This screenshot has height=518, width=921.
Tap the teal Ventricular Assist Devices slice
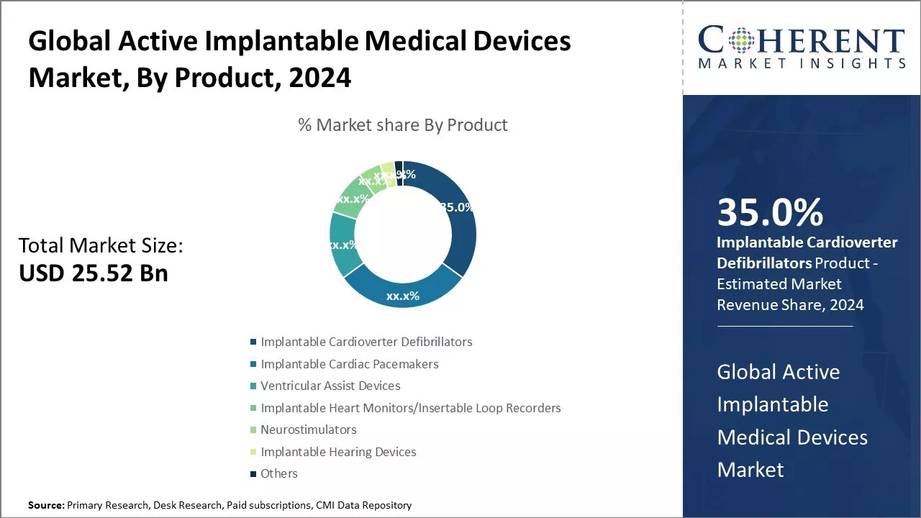(342, 245)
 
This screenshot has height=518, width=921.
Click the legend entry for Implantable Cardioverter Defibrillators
(366, 342)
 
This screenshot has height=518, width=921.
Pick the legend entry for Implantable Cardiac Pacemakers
(349, 364)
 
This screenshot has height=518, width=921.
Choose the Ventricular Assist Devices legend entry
(330, 386)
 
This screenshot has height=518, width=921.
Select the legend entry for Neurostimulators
(308, 430)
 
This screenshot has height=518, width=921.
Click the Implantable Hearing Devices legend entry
(338, 452)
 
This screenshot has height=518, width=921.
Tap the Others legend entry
(278, 473)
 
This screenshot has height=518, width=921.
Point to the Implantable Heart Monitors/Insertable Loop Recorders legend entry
(410, 408)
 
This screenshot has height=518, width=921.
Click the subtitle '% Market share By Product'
(403, 125)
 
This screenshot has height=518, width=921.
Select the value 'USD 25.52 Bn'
(94, 273)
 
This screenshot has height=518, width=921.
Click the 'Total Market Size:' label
(101, 246)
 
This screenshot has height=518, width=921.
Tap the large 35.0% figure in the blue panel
(770, 212)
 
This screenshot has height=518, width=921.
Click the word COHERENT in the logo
(802, 40)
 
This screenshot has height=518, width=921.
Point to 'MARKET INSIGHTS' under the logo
(802, 64)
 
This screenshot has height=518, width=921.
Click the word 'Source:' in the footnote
(46, 505)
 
